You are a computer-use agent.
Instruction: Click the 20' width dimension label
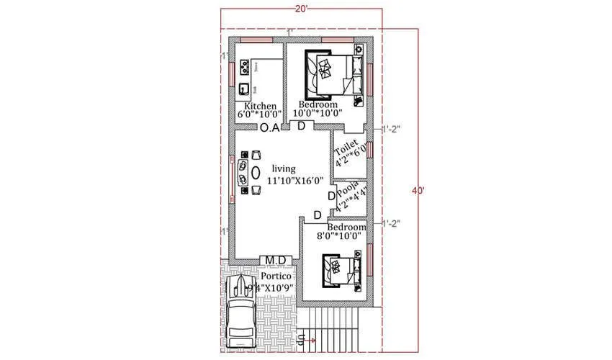[x=301, y=8]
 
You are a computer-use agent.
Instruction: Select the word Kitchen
[x=255, y=105]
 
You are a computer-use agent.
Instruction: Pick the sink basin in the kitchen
[x=245, y=89]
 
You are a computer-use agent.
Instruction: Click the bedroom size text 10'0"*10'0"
[x=318, y=114]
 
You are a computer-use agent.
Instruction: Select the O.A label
[x=270, y=128]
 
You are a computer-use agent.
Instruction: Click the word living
[x=283, y=168]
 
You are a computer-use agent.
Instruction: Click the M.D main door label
[x=275, y=260]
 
